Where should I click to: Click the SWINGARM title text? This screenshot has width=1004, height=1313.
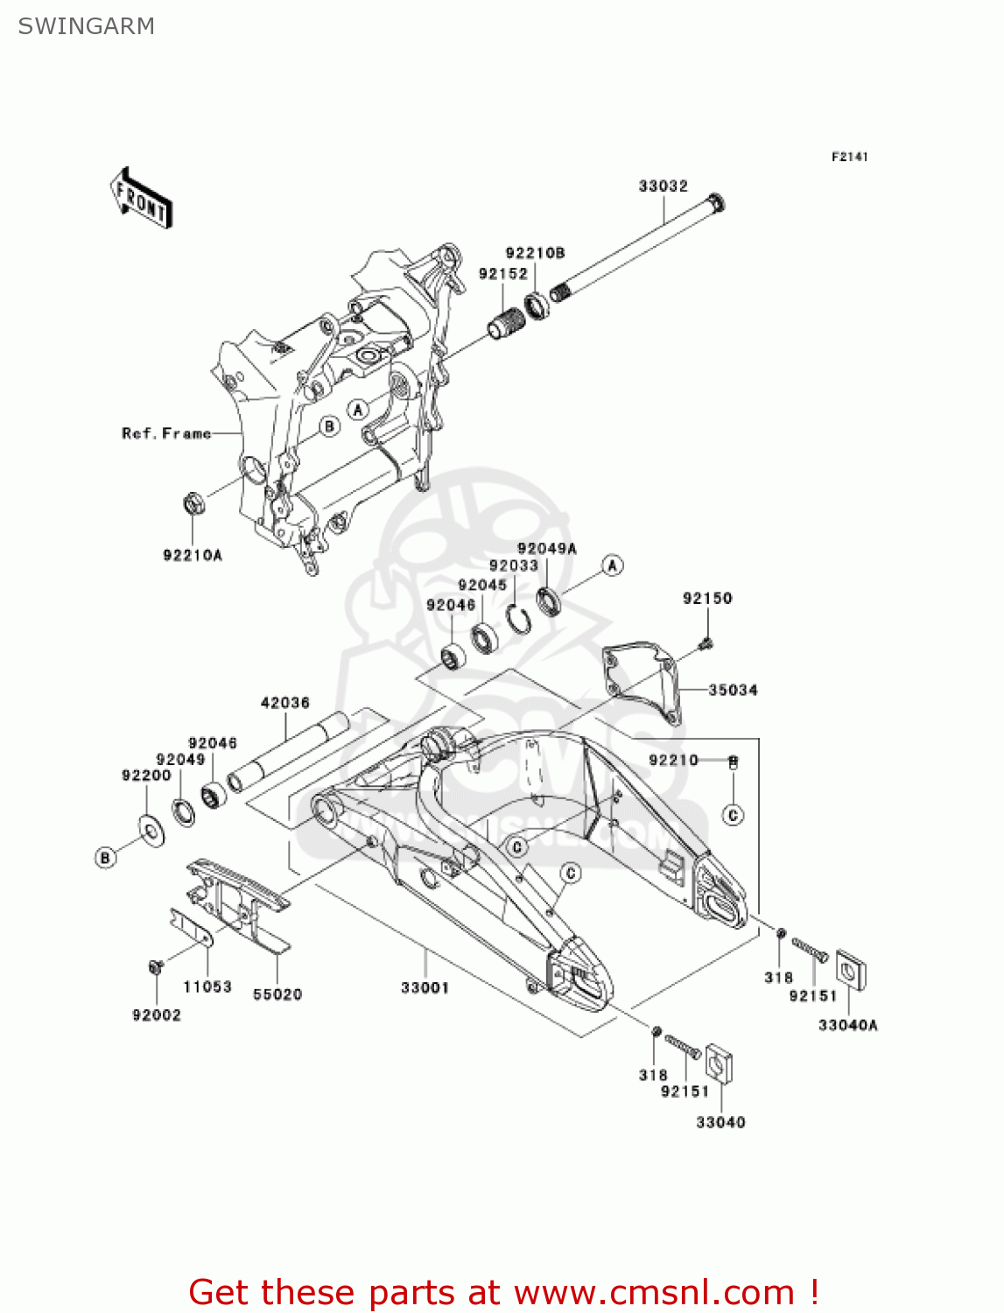(x=86, y=26)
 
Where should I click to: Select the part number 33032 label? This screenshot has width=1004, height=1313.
(x=663, y=186)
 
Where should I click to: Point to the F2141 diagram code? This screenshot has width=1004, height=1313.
(x=849, y=157)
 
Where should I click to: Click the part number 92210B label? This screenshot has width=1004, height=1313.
(x=535, y=253)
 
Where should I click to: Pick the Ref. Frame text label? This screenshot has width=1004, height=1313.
(x=166, y=433)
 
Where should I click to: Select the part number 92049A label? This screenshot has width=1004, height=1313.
(x=546, y=549)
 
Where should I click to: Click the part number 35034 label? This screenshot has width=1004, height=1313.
(x=733, y=690)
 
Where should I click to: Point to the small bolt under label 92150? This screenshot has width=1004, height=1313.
(x=706, y=645)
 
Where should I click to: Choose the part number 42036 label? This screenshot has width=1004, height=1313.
(x=285, y=702)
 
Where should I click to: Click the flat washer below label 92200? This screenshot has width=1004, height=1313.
(x=152, y=830)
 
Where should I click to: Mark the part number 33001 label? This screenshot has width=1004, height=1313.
(x=425, y=987)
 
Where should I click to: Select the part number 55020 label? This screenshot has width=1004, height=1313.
(x=277, y=994)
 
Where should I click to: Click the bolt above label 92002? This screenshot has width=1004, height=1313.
(x=156, y=967)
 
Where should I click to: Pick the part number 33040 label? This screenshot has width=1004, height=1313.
(x=720, y=1122)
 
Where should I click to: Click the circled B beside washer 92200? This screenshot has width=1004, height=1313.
(x=105, y=857)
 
